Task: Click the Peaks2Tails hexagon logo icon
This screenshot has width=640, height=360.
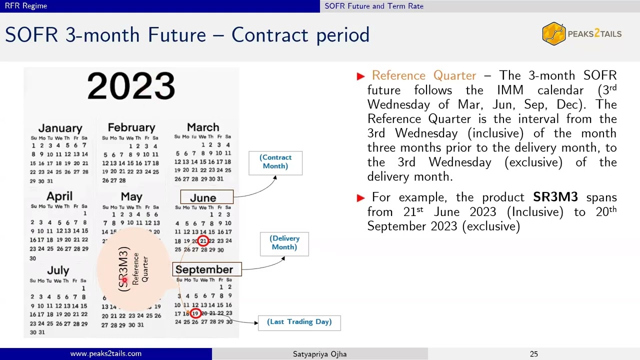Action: point(553,34)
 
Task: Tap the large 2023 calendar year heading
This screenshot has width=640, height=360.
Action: point(131,86)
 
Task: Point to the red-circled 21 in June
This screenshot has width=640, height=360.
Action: point(203,241)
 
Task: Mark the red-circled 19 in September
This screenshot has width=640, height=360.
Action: point(195,313)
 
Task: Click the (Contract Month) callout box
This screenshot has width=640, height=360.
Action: point(275,162)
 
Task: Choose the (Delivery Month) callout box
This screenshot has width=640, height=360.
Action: point(284,243)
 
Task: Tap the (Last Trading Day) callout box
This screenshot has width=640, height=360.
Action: point(299,322)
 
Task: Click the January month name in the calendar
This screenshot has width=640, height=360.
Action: point(60,128)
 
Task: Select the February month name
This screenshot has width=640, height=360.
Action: point(131,127)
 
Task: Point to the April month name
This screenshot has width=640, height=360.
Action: point(59,196)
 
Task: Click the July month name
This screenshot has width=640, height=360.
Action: point(58,270)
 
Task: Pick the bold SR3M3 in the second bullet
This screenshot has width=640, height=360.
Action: point(555,197)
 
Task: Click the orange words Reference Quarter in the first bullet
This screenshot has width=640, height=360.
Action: point(424,75)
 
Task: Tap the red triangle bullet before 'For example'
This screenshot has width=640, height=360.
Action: point(360,198)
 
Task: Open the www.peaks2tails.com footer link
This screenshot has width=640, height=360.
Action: point(106,354)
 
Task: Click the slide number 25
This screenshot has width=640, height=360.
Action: point(534,354)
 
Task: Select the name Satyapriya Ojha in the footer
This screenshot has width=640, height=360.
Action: point(319,354)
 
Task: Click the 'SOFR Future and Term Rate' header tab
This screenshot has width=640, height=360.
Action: point(374,6)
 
